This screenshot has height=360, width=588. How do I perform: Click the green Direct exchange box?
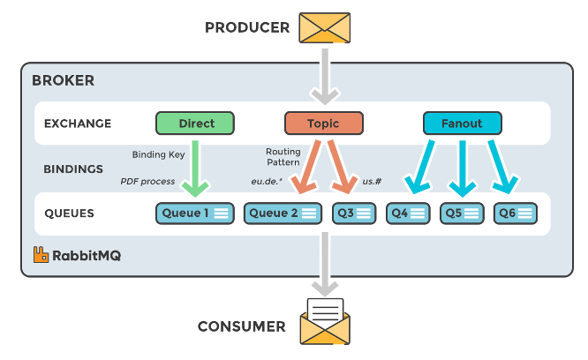tap(196, 123)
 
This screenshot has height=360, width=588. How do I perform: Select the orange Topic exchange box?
tap(324, 123)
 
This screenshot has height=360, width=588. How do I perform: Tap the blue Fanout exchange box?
tap(463, 123)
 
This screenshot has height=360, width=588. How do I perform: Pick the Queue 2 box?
tap(283, 213)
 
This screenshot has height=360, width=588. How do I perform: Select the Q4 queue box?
tap(408, 213)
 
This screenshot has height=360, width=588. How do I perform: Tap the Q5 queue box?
tap(462, 213)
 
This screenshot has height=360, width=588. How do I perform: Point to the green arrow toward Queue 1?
tap(195, 166)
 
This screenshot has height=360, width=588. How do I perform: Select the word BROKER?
tap(63, 80)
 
